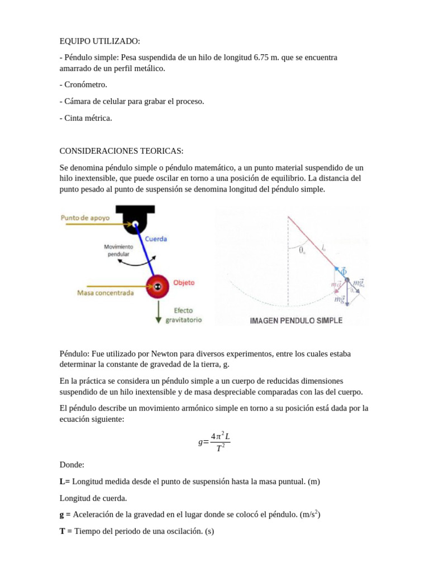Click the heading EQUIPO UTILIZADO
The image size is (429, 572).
coord(101,41)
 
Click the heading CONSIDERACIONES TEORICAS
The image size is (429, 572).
coord(121,151)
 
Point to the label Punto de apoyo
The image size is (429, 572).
coord(85,218)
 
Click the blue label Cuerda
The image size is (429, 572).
coord(156,239)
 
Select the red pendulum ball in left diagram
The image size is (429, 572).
coord(158,287)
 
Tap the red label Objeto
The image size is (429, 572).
coord(184,283)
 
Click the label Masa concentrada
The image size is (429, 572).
coord(106,293)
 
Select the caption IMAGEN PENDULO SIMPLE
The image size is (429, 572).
coord(296,321)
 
